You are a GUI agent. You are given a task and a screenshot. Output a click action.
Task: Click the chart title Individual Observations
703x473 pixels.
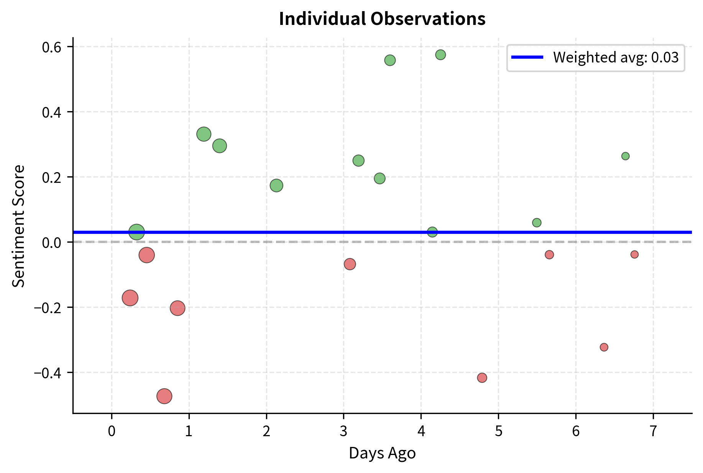point(382,19)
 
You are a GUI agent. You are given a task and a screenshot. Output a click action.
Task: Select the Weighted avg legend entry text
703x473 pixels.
point(616,57)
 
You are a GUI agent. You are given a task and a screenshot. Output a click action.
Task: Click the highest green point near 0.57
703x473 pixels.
point(440,55)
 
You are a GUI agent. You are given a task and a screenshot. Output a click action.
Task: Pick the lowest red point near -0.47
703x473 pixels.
point(164,396)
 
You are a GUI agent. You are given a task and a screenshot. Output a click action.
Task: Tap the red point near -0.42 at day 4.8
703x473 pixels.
point(482,378)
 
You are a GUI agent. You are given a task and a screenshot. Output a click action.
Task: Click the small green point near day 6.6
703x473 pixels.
point(625,156)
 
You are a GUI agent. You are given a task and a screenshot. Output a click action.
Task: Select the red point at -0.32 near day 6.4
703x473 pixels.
point(604,347)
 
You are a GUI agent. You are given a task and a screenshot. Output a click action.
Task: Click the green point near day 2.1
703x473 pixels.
point(276,186)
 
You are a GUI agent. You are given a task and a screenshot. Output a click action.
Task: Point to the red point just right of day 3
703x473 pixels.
point(350,264)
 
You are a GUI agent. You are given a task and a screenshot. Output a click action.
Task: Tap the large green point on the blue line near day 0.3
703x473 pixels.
point(136,232)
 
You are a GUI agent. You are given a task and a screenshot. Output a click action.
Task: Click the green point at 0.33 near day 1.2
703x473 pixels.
point(204,134)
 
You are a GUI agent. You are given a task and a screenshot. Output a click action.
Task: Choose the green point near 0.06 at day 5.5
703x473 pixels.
point(537,223)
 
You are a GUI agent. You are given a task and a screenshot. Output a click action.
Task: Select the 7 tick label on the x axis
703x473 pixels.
point(653,431)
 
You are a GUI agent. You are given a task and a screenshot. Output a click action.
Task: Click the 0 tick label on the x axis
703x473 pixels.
point(112,431)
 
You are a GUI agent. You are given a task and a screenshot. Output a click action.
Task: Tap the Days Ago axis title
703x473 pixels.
point(382,453)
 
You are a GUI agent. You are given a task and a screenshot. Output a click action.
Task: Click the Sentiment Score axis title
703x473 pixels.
point(18,226)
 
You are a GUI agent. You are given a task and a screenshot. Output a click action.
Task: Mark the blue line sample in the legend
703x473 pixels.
point(527,57)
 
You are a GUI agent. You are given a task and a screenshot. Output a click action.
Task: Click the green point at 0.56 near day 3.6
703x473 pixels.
point(390,60)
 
